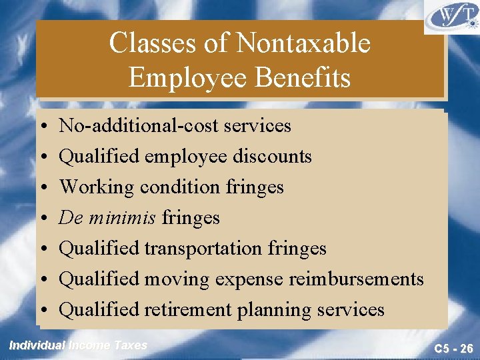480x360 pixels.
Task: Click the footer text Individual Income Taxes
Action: pos(78,345)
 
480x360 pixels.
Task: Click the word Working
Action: pos(97,187)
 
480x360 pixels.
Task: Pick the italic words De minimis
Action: pos(107,217)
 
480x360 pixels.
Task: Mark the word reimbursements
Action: pos(356,279)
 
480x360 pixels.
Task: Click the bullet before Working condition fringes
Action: pos(43,187)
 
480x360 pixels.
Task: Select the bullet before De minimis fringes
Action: pos(43,218)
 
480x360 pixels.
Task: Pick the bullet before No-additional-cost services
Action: pos(43,126)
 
